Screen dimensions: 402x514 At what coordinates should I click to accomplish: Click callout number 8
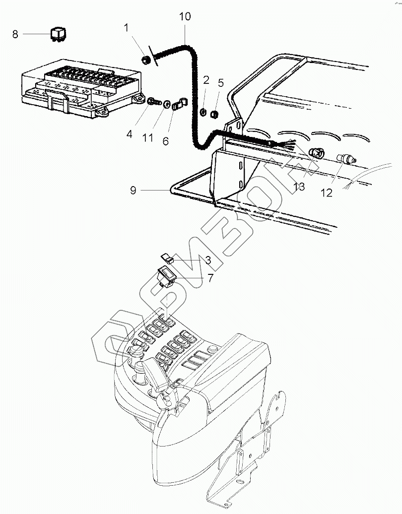click(x=15, y=34)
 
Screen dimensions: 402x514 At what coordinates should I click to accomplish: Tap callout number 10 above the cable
click(x=185, y=17)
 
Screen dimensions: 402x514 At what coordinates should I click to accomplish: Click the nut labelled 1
click(x=145, y=60)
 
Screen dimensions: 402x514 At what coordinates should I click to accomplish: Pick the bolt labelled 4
click(x=153, y=101)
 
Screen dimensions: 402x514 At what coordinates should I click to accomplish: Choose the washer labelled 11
click(x=167, y=104)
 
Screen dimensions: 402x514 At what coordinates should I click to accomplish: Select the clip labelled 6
click(x=179, y=104)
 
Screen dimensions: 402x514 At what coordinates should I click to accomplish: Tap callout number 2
click(x=206, y=80)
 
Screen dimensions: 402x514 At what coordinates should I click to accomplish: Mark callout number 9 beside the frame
click(x=133, y=191)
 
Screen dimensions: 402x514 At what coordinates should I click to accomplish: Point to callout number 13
click(x=299, y=187)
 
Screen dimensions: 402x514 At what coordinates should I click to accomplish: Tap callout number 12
click(x=326, y=193)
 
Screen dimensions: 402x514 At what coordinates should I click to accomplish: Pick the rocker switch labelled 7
click(x=167, y=277)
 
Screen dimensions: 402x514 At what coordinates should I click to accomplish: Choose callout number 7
click(x=210, y=278)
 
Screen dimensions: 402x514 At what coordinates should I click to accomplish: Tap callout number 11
click(x=148, y=138)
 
